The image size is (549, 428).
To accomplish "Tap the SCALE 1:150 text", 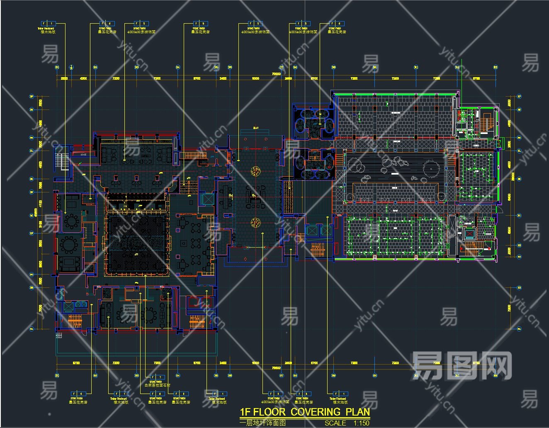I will [x=347, y=423].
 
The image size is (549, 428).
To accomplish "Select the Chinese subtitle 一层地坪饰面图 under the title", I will [x=263, y=423].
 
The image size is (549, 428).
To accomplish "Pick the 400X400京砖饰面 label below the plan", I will [x=270, y=402].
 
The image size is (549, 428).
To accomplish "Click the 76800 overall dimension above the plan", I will [x=276, y=74].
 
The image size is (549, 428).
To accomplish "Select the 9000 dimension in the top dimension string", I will [x=255, y=78].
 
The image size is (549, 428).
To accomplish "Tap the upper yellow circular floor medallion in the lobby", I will [x=256, y=170].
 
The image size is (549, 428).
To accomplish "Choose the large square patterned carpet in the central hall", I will [x=137, y=242].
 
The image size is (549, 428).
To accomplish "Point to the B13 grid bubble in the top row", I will [x=495, y=67].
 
